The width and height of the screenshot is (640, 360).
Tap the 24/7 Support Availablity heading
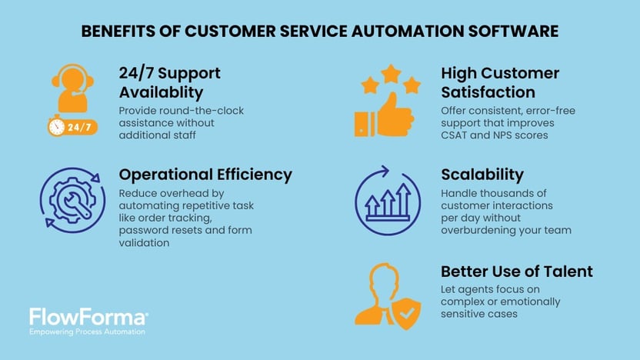(x=169, y=82)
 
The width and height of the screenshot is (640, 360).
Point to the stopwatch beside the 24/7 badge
(x=56, y=127)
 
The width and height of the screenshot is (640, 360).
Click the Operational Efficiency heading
(x=205, y=175)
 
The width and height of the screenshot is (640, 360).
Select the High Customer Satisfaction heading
(x=500, y=82)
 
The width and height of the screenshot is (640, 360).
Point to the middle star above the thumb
(x=391, y=74)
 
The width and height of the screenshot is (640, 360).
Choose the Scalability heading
(x=482, y=175)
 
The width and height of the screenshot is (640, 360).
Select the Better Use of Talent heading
(x=517, y=272)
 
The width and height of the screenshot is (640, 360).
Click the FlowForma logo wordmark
(x=88, y=317)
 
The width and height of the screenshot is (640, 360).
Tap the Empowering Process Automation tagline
(x=87, y=332)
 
